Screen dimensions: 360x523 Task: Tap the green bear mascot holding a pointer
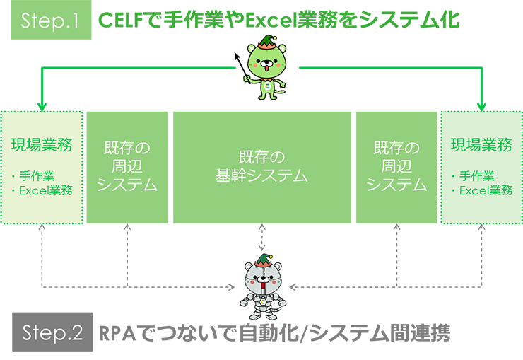(266, 71)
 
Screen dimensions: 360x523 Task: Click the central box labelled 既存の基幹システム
(261, 167)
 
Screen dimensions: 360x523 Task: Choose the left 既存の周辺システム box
(127, 167)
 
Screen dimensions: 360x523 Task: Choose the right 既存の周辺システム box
(396, 167)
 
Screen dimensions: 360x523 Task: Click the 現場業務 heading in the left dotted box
(42, 146)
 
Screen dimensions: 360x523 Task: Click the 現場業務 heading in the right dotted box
(481, 146)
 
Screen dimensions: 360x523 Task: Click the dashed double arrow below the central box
(262, 238)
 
